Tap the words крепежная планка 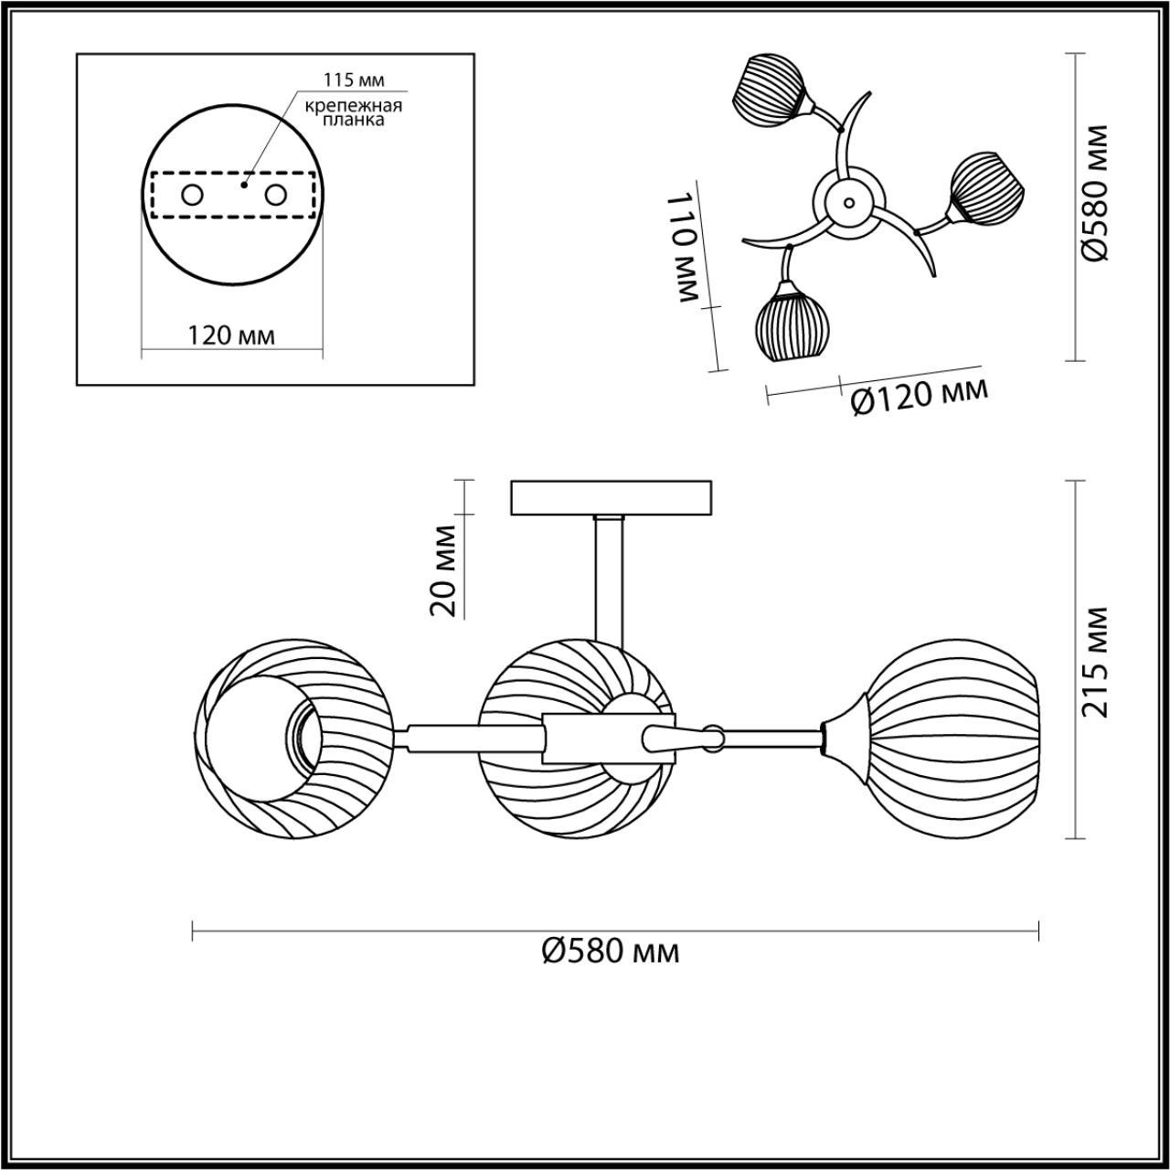(x=355, y=112)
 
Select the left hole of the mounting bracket (x=192, y=195)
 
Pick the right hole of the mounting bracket (x=275, y=195)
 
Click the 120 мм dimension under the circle (x=231, y=335)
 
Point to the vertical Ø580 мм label (x=1095, y=194)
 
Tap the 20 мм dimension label (x=445, y=570)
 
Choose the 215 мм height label (x=1095, y=661)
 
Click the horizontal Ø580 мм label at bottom (x=611, y=952)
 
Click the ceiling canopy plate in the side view (x=611, y=498)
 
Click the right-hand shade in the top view (x=987, y=188)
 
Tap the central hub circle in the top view (x=849, y=202)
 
